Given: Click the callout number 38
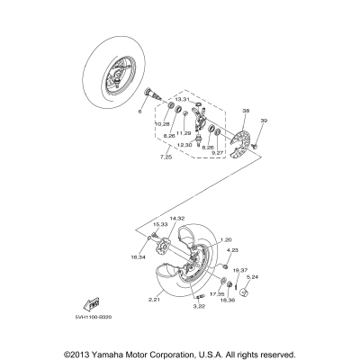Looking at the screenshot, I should point(220,112).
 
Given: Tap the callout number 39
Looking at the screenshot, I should point(264,121).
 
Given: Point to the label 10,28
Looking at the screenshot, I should point(162,123).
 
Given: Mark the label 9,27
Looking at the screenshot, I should point(218,153).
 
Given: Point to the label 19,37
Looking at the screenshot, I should point(240,269).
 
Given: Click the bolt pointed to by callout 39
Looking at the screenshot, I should point(256,144).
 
